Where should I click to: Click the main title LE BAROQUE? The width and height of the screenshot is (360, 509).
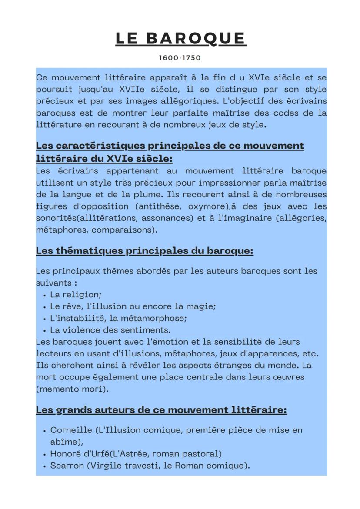pyautogui.click(x=180, y=38)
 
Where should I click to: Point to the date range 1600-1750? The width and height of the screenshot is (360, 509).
pyautogui.click(x=180, y=57)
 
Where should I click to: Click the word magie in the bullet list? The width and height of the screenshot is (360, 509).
pyautogui.click(x=201, y=306)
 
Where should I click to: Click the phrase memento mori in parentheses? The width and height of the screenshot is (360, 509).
pyautogui.click(x=72, y=389)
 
